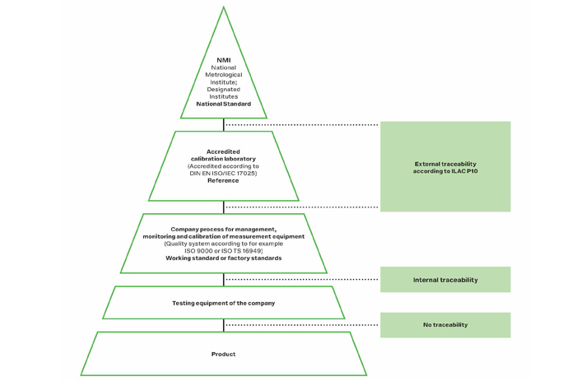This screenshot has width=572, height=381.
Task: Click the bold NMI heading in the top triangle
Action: click(224, 60)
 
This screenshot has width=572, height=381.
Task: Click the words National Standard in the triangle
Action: click(224, 104)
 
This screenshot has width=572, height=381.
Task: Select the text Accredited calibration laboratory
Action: click(223, 156)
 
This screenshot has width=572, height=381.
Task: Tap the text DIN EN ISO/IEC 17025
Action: click(222, 173)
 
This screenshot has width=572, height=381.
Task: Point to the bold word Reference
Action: click(223, 180)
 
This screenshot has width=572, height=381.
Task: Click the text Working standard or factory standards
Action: click(224, 258)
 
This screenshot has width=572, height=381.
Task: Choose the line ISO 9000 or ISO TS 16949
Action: click(223, 251)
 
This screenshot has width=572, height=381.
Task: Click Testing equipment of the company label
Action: click(224, 303)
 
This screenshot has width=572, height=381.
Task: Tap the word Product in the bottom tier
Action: click(224, 354)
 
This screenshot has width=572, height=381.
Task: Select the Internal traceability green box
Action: click(445, 280)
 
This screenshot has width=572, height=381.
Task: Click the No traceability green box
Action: click(445, 325)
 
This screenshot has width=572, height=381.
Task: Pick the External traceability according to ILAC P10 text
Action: click(445, 167)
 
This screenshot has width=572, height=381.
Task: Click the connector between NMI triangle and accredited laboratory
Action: click(224, 125)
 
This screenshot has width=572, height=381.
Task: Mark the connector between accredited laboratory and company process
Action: click(224, 207)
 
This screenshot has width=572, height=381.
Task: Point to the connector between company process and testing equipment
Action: click(224, 280)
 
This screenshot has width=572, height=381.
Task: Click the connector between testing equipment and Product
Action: click(224, 325)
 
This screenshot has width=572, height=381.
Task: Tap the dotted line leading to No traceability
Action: click(302, 325)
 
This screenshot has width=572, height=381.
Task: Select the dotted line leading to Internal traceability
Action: click(302, 280)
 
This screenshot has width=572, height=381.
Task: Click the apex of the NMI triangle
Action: click(224, 7)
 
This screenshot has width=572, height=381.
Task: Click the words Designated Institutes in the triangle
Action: click(224, 93)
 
